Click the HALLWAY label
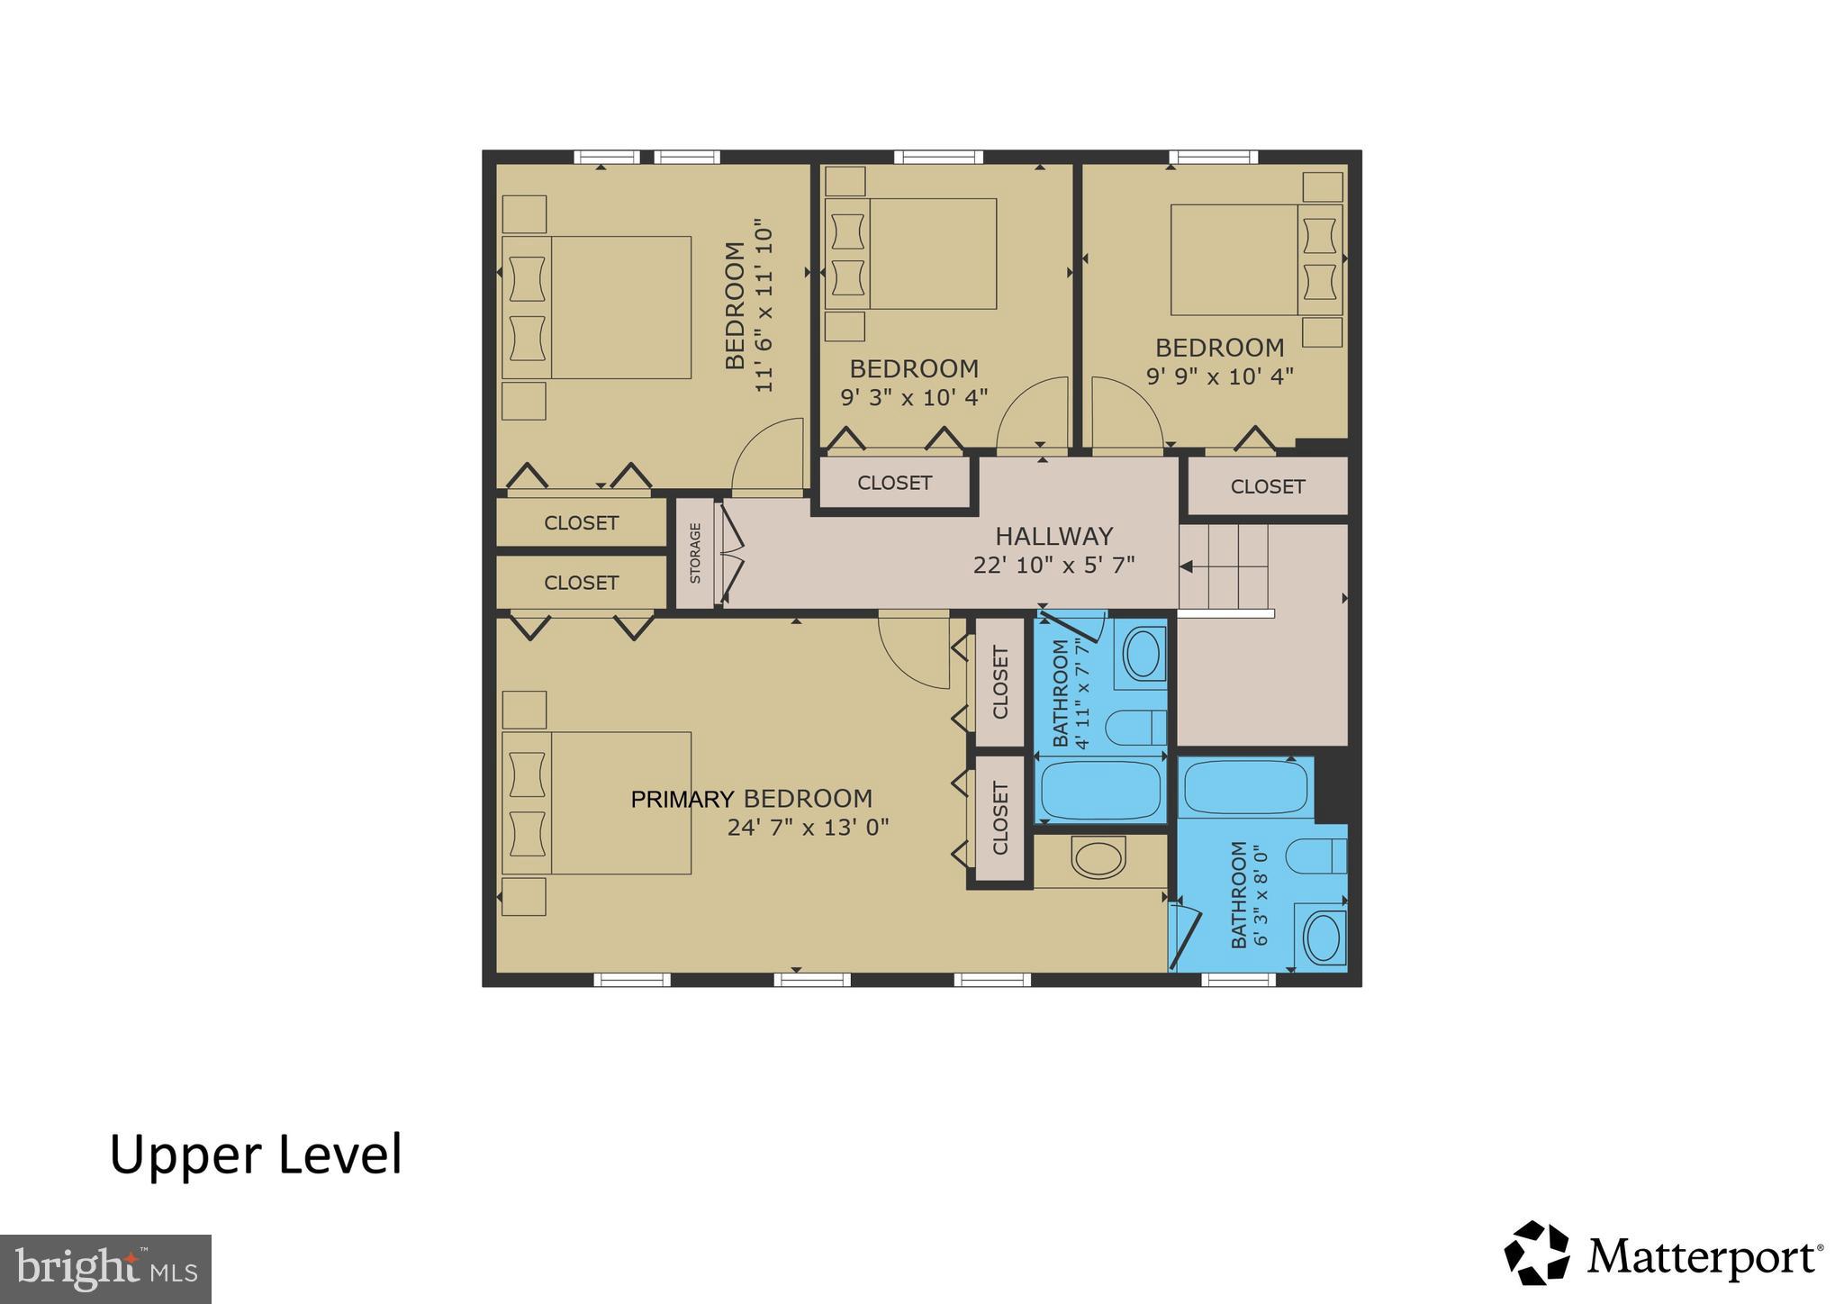point(1053,537)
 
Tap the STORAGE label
point(695,553)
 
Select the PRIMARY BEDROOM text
point(751,799)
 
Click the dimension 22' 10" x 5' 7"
point(1053,566)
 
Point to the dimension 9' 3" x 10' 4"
point(914,397)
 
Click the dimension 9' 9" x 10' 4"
point(1219,376)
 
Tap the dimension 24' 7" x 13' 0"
point(808,828)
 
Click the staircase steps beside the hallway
point(1225,566)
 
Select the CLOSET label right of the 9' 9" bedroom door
point(1267,487)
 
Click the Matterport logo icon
point(1536,1253)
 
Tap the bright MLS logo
point(105,1269)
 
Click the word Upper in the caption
point(185,1155)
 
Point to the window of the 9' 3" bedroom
point(937,158)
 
